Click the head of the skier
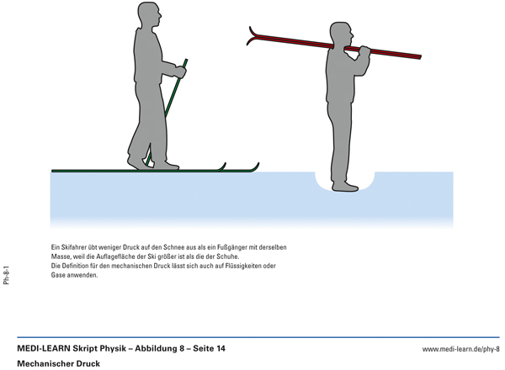tap(149, 14)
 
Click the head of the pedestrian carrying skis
tap(342, 34)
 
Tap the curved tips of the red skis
tap(252, 35)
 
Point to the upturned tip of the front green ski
tap(256, 166)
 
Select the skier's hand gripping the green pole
tap(180, 71)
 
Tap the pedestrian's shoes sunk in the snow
tap(345, 187)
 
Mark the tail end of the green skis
tap(54, 171)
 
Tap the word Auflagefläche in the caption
tap(118, 256)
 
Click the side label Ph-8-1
tap(7, 275)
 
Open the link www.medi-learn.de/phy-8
tap(461, 349)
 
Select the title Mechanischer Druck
tap(58, 364)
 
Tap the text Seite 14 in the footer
tap(209, 348)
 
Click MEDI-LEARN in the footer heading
tap(44, 348)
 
